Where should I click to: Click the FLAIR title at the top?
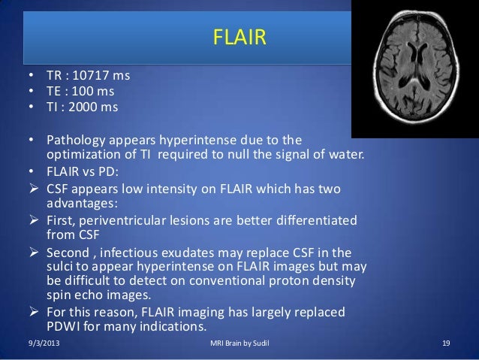coord(239,37)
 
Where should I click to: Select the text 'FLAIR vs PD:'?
coord(83,171)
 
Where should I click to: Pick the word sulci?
coord(62,268)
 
